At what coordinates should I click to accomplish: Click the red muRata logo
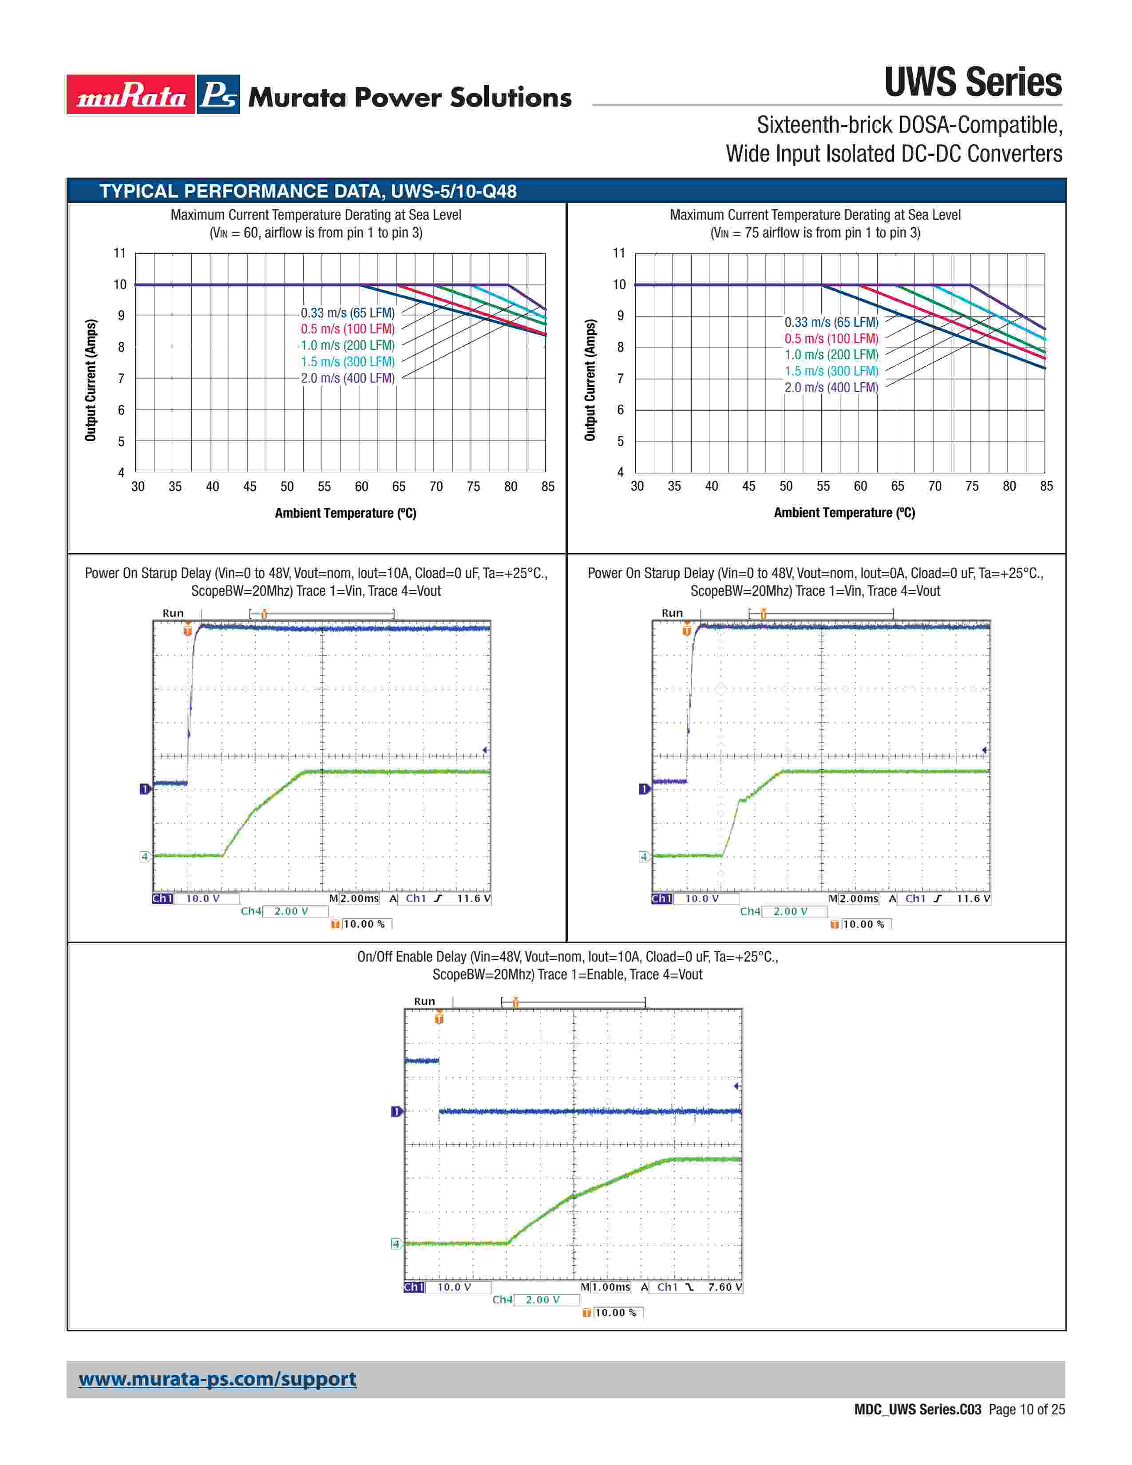(x=131, y=95)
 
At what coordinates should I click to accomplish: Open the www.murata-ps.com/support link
(x=217, y=1379)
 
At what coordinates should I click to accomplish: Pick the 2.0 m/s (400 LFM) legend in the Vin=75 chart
(x=831, y=388)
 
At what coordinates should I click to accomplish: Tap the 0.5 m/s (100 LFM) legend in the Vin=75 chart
(x=831, y=339)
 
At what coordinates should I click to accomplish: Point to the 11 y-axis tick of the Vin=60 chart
(x=119, y=253)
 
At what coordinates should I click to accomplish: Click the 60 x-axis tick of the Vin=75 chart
(x=860, y=486)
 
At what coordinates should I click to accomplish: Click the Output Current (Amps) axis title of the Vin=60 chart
(x=91, y=380)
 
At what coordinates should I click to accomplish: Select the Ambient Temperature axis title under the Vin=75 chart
(x=844, y=513)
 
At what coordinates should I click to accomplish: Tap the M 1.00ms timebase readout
(x=606, y=1287)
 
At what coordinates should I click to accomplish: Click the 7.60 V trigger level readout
(x=725, y=1287)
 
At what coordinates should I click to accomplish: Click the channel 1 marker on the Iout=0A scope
(x=644, y=789)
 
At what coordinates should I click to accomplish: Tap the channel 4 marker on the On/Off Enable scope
(x=396, y=1244)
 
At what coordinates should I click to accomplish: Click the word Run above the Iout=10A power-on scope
(x=173, y=613)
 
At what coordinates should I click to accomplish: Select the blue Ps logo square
(x=218, y=95)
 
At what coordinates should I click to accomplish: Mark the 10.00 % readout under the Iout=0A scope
(x=863, y=924)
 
